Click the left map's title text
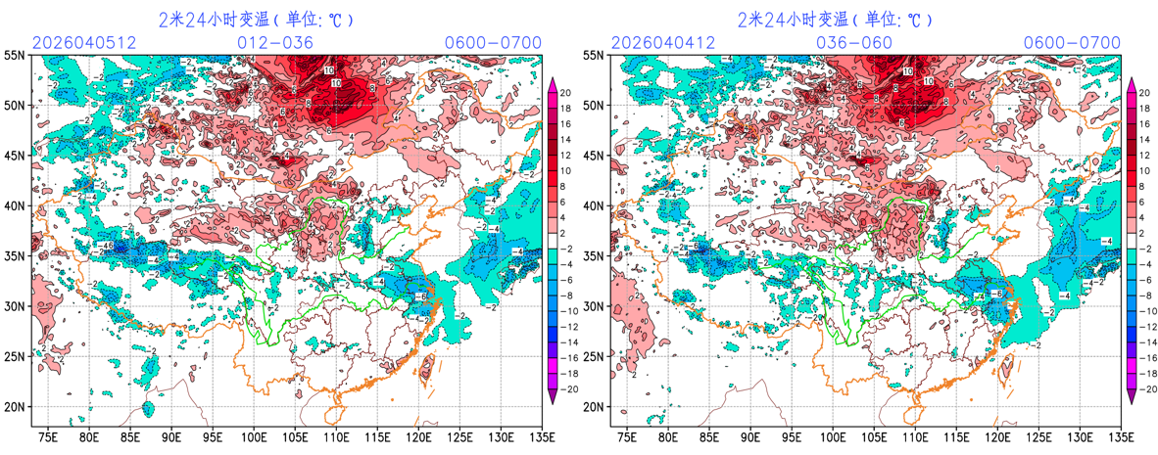pyautogui.click(x=256, y=19)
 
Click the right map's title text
pyautogui.click(x=835, y=19)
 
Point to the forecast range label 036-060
pyautogui.click(x=854, y=43)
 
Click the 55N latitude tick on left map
pyautogui.click(x=16, y=55)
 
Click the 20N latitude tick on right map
pyautogui.click(x=595, y=407)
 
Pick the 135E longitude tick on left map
pyautogui.click(x=540, y=436)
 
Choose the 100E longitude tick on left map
pyautogui.click(x=254, y=436)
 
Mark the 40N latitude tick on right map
pyautogui.click(x=595, y=206)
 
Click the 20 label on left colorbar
pyautogui.click(x=567, y=92)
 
